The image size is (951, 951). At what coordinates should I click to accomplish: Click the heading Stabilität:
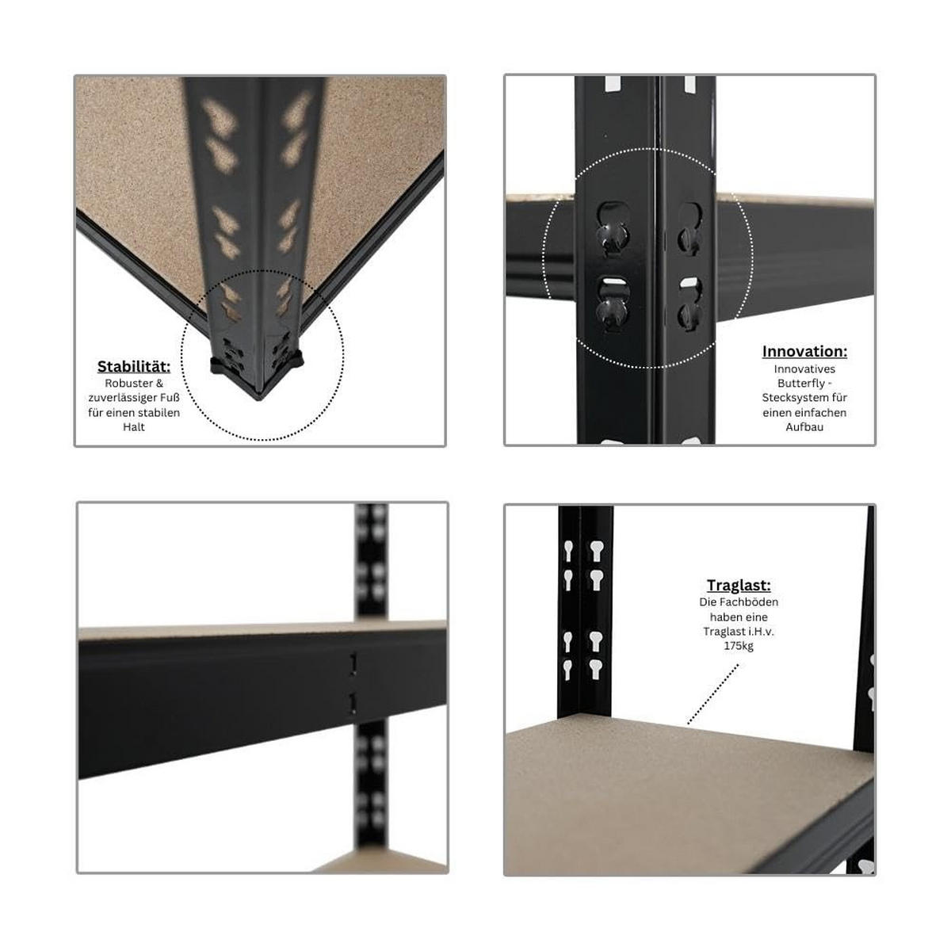tap(134, 367)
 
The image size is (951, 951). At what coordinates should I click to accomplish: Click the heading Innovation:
tap(804, 351)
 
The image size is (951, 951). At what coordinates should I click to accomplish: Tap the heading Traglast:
tap(739, 586)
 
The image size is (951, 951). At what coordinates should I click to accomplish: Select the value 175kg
tap(739, 646)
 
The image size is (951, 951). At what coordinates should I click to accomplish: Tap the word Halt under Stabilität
tap(134, 427)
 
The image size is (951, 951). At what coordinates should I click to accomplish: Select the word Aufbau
tap(804, 427)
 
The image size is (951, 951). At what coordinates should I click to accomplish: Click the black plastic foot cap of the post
tap(257, 365)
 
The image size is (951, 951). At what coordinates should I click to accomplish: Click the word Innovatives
tap(804, 369)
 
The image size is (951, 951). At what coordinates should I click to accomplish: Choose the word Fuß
tap(170, 397)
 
